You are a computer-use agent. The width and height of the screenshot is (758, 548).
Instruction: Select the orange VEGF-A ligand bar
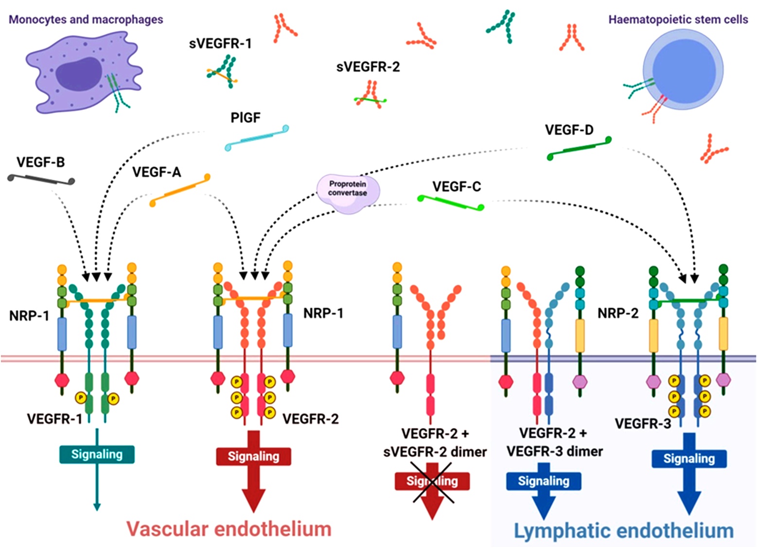click(180, 190)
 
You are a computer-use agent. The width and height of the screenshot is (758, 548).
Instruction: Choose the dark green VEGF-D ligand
click(579, 148)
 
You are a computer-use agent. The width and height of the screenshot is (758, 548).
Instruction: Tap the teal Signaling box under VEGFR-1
click(97, 454)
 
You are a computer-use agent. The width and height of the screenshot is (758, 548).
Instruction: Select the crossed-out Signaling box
click(432, 481)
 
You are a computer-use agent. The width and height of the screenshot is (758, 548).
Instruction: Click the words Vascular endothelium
click(229, 529)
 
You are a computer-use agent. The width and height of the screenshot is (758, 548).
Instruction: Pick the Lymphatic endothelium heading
click(624, 530)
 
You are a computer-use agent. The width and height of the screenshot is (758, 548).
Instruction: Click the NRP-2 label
click(617, 314)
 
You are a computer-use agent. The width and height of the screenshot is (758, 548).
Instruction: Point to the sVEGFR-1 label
click(220, 44)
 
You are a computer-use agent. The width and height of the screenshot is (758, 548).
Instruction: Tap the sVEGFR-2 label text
click(368, 67)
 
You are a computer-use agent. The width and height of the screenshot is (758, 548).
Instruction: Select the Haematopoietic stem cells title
click(678, 20)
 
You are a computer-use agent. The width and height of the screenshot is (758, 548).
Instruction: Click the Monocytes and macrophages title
click(86, 20)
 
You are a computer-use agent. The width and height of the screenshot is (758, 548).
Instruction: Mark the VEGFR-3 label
click(643, 424)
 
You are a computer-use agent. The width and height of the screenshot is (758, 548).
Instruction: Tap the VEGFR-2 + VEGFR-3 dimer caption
click(554, 442)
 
